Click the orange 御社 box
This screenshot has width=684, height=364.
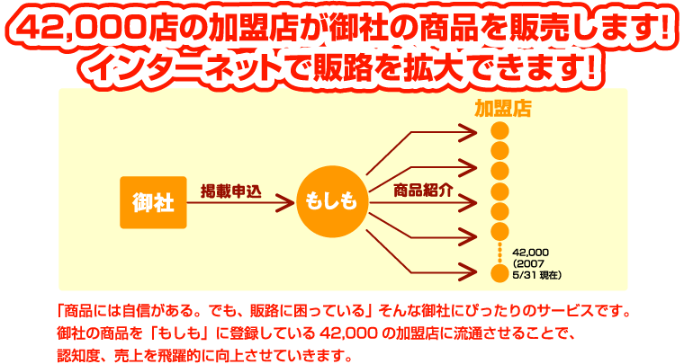pyautogui.click(x=153, y=202)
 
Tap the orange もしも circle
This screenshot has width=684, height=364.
pyautogui.click(x=332, y=201)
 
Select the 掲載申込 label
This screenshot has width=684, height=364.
pyautogui.click(x=230, y=191)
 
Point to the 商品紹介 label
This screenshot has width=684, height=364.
pyautogui.click(x=423, y=191)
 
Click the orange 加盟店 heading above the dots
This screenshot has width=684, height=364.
pyautogui.click(x=503, y=109)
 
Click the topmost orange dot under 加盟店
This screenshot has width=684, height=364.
pyautogui.click(x=499, y=130)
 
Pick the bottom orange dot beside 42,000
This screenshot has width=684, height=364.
pyautogui.click(x=499, y=273)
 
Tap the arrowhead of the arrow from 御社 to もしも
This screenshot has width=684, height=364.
pyautogui.click(x=285, y=203)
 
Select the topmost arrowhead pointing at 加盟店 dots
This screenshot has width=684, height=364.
pyautogui.click(x=468, y=132)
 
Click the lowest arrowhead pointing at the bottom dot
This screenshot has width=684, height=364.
pyautogui.click(x=468, y=273)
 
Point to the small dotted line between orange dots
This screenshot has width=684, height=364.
pyautogui.click(x=499, y=253)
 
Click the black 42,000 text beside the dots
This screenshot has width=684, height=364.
pyautogui.click(x=531, y=253)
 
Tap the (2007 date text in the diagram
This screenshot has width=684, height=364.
pyautogui.click(x=528, y=264)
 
